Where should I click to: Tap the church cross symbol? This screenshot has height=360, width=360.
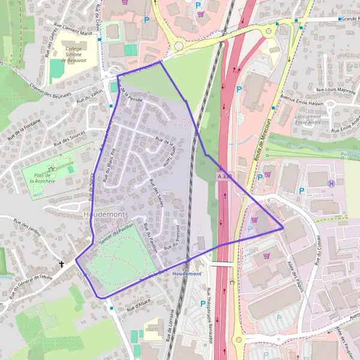pos(61,263)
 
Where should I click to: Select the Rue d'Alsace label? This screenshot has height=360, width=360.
pos(138,305)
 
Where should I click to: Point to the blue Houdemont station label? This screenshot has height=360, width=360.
pos(187,274)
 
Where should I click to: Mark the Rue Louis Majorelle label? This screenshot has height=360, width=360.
pos(336,91)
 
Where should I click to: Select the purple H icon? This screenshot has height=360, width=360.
pos(331,184)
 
